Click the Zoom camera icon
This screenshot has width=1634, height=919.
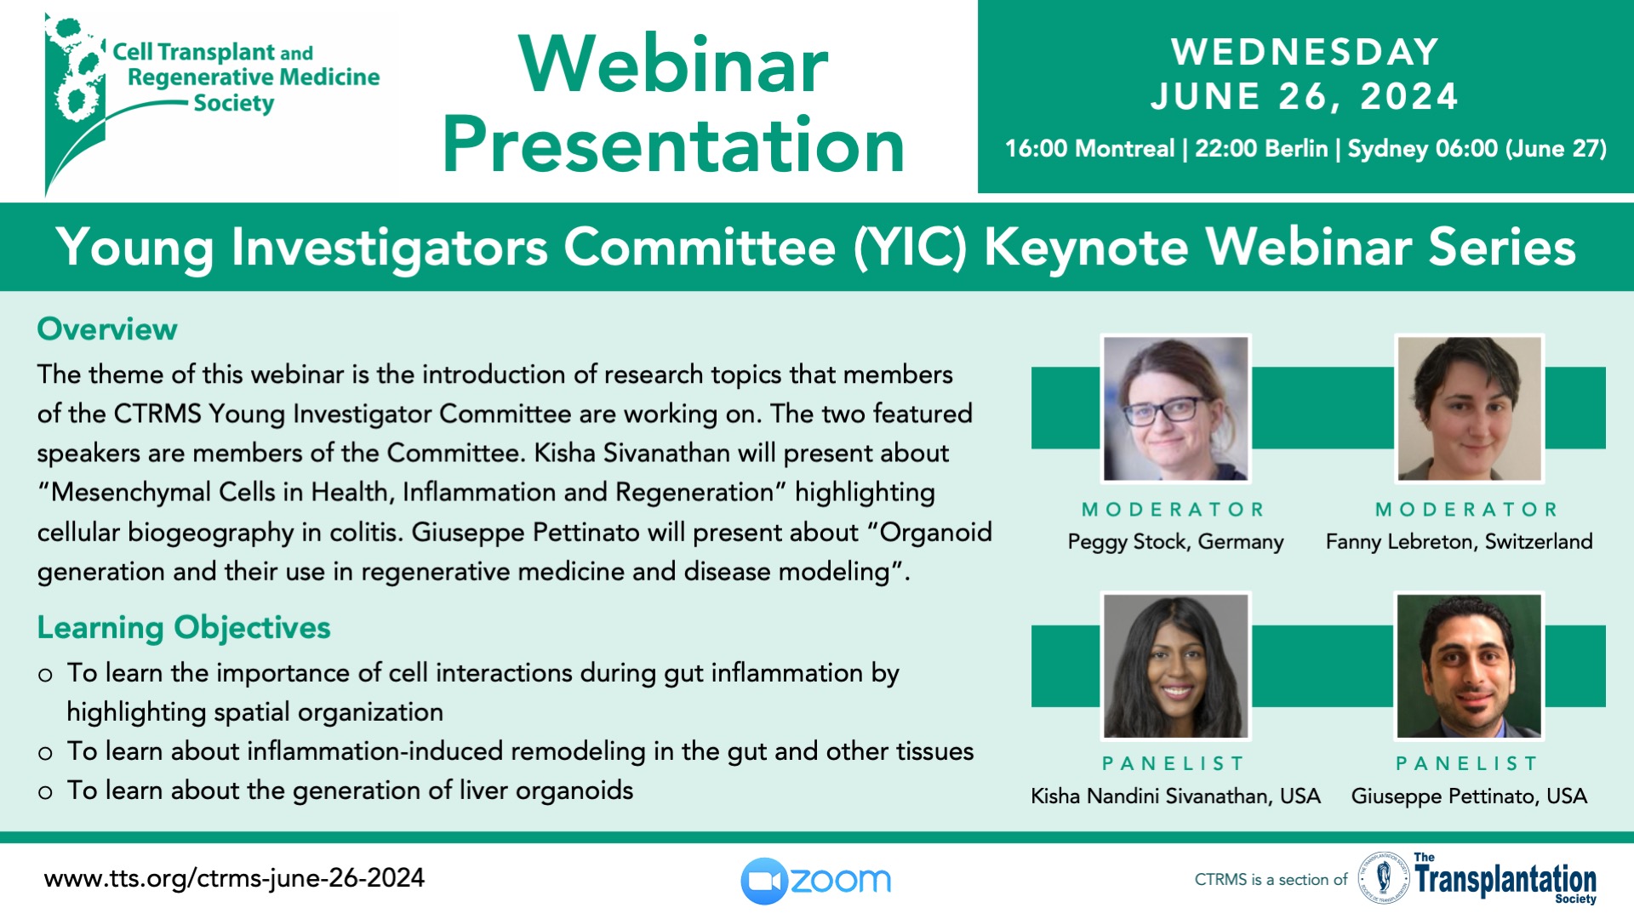765,881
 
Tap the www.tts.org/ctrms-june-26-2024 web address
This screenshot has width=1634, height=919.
234,878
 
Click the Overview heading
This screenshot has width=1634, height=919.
107,329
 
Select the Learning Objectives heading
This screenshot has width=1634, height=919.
184,628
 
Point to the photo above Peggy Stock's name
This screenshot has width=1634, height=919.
1175,408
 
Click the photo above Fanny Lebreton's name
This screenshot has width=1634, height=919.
1469,408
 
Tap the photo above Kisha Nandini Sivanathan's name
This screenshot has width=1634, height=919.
1175,665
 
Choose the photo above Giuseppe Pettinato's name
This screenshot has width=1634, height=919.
1469,665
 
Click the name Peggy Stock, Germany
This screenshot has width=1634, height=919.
1175,542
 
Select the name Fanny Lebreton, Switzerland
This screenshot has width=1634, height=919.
1459,542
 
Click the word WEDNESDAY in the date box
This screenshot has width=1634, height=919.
1305,52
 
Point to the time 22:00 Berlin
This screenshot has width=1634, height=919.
1261,149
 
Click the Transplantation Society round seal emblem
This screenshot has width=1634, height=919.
1384,877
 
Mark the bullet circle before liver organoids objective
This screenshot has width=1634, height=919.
45,793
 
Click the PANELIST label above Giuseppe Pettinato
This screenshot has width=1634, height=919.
1467,763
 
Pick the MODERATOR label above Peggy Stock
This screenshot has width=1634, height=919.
1173,510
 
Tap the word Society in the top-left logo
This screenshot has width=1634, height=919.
234,104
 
